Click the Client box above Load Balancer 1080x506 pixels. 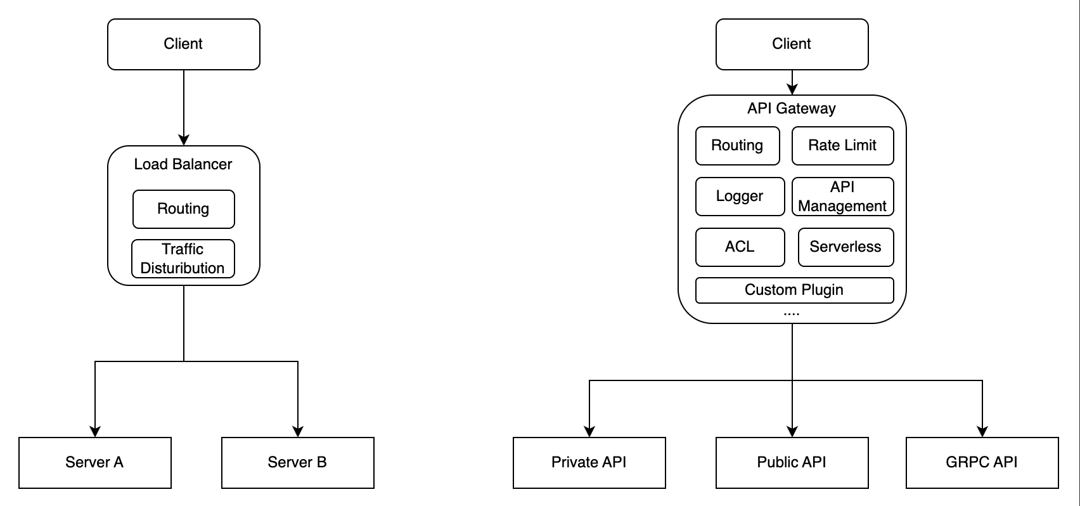[184, 44]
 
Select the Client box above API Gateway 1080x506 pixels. [792, 44]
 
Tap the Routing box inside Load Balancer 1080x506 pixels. [184, 209]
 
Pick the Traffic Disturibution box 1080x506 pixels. [183, 259]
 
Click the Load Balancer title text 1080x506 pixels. [183, 164]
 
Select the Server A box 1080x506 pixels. [95, 463]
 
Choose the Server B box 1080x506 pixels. [298, 463]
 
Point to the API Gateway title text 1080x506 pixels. [792, 108]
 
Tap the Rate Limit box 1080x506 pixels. [842, 146]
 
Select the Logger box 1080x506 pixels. [740, 197]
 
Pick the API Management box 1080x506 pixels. [842, 197]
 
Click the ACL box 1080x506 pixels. [740, 247]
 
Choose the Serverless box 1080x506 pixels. [845, 247]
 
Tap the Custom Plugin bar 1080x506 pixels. [794, 290]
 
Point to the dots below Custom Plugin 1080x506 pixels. [792, 313]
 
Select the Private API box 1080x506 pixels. [589, 463]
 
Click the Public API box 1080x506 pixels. [792, 463]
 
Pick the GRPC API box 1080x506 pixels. [982, 463]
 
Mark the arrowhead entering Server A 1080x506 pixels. [95, 432]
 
